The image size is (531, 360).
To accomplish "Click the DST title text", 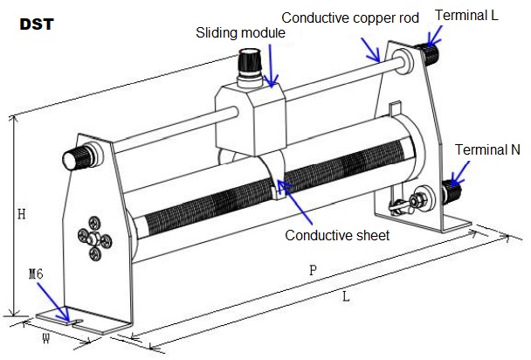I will pos(36,24).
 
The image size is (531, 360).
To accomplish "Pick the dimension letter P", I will pos(313,270).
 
